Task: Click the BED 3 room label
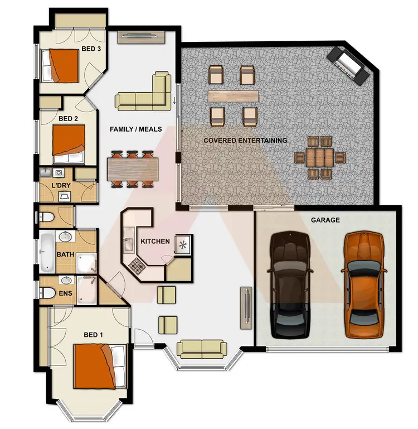(x=91, y=49)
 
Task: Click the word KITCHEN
(x=155, y=242)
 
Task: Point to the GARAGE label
(x=325, y=220)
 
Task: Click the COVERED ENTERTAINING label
(x=245, y=141)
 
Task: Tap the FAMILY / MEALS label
(x=135, y=129)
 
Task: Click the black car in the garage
(x=290, y=285)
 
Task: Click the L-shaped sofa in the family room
(x=146, y=92)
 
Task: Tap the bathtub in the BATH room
(x=46, y=251)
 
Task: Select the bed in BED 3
(x=65, y=65)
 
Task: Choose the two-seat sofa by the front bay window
(x=201, y=349)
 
